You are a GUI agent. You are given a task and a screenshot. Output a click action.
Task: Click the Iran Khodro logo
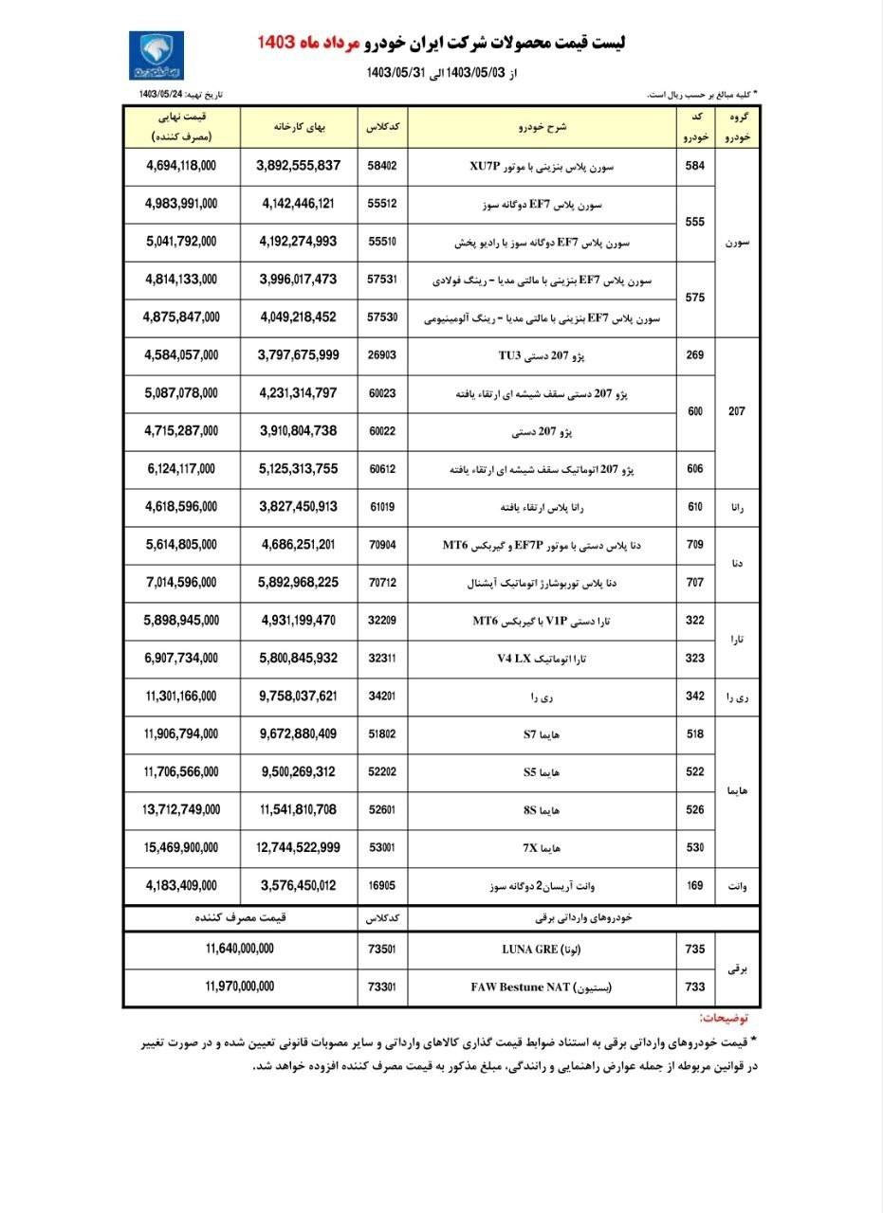click(x=156, y=55)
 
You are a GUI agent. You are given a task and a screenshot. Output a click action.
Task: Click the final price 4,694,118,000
click(x=181, y=166)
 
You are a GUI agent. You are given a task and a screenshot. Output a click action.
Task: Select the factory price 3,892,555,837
click(x=298, y=166)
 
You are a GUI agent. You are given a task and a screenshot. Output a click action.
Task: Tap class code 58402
click(x=382, y=166)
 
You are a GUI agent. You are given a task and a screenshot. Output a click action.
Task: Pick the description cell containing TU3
click(x=543, y=355)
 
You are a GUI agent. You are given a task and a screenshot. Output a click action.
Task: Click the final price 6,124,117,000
click(x=181, y=469)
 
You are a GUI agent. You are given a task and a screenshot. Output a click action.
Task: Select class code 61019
click(x=382, y=507)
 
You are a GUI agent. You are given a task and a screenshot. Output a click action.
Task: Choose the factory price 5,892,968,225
click(x=298, y=583)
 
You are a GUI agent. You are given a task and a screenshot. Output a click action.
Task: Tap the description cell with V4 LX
click(x=543, y=659)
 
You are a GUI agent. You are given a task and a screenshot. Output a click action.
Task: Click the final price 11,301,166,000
click(x=181, y=697)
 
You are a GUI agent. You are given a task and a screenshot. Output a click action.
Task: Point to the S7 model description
click(x=543, y=734)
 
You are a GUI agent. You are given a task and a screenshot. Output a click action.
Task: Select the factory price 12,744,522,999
click(x=298, y=848)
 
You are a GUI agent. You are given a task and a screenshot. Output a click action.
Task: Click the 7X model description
click(x=543, y=848)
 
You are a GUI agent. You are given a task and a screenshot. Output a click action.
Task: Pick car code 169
click(x=695, y=886)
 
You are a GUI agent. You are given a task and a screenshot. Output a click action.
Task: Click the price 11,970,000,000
click(x=239, y=987)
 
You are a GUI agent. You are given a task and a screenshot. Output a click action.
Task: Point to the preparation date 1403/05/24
click(x=159, y=95)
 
